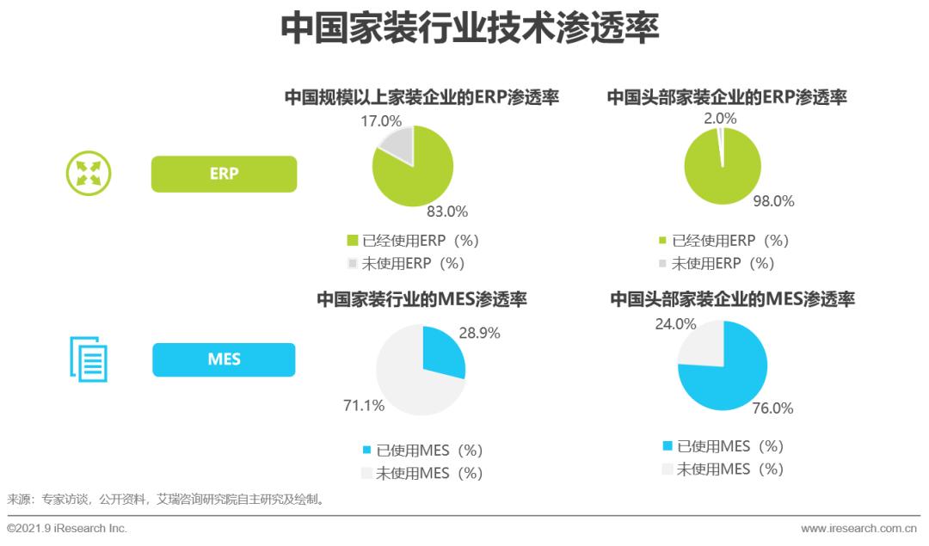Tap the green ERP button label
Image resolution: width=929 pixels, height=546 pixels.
tap(224, 173)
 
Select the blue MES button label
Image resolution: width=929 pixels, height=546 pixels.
tap(224, 359)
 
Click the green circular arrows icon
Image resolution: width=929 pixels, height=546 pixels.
tap(89, 173)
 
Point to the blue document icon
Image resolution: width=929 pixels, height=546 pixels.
tap(89, 359)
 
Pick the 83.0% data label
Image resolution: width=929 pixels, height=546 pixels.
tap(447, 212)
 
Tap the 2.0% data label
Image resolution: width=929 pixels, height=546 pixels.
tap(720, 118)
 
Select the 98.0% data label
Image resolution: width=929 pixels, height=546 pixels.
tap(773, 201)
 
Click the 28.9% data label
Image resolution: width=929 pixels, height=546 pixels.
tap(479, 333)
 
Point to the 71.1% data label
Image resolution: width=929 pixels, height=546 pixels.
tap(363, 405)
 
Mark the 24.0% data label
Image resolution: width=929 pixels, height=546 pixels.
tap(675, 324)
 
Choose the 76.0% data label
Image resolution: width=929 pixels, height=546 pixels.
tap(772, 408)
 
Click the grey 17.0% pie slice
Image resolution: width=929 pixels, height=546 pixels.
tap(397, 144)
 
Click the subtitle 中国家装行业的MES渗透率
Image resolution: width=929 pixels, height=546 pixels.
tap(421, 300)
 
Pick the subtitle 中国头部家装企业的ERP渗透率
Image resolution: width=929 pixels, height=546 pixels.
tap(727, 97)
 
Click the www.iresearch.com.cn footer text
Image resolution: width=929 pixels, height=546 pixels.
tap(858, 528)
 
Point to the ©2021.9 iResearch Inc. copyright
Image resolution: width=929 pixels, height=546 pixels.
tap(67, 528)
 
